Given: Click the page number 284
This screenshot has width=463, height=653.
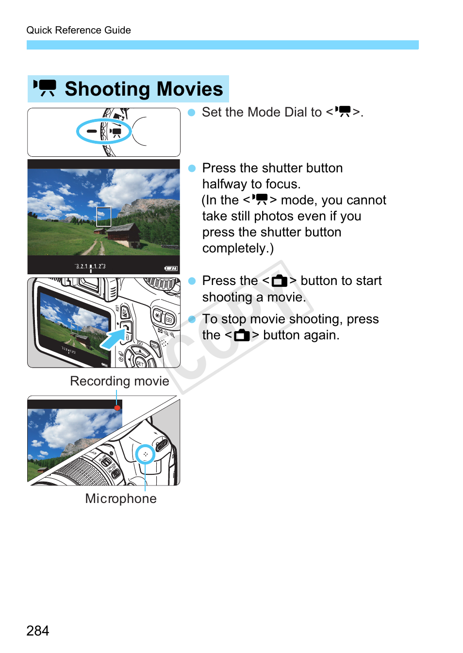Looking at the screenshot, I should pos(38,631).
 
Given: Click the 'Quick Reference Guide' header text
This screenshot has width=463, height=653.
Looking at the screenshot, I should pos(79,30).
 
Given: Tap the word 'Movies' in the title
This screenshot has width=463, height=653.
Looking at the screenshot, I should pos(190,89).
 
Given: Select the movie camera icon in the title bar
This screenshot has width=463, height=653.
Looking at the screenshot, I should pos(45,88).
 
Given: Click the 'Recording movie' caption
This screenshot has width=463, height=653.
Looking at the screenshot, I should pos(119,381).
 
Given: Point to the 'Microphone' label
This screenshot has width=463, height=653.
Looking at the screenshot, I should pos(121,499).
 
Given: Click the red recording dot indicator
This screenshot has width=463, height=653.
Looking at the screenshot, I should pos(117,408).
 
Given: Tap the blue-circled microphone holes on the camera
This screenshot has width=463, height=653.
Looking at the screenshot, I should pos(145,454).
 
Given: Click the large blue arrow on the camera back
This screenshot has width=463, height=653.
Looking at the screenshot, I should pos(113,338).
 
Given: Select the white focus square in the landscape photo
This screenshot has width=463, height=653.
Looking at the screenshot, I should pos(103,217).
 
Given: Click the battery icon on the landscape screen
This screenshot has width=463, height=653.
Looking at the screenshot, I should pos(171,268).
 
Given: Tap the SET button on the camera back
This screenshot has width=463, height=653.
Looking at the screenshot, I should pos(140,362).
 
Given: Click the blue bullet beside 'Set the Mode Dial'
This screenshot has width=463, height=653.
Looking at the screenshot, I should pos(191,113).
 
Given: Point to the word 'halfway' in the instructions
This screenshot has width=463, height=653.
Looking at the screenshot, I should pos(225,184).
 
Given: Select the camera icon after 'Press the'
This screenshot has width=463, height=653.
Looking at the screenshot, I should pos(280,281).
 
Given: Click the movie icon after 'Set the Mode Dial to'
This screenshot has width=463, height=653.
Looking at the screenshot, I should pos(344,112).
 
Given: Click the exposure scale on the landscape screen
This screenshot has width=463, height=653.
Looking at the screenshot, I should pos(90,267).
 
